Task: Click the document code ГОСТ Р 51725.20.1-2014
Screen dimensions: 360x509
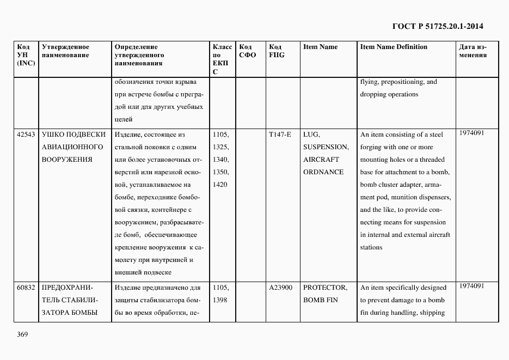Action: click(x=438, y=26)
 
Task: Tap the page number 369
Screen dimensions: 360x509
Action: click(x=22, y=334)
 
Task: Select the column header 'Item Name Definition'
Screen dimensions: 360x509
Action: click(x=394, y=47)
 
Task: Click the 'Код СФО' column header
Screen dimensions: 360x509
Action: click(x=248, y=51)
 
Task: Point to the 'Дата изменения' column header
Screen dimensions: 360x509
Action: click(x=473, y=51)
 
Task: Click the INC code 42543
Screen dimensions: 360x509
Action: click(x=26, y=135)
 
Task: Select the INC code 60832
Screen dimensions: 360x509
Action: click(x=26, y=288)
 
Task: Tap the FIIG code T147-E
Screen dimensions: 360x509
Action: click(x=280, y=135)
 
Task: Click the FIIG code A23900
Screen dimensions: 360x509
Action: click(x=280, y=288)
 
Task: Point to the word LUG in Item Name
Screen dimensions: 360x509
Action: click(x=311, y=135)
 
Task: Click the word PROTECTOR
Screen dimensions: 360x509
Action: click(x=325, y=288)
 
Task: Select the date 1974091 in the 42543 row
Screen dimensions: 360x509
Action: click(x=471, y=132)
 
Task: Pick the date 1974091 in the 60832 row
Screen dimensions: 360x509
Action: click(x=471, y=285)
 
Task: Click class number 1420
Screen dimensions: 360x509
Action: click(x=219, y=185)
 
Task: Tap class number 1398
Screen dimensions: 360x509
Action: click(x=219, y=300)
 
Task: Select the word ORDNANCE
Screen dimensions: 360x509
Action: click(x=323, y=172)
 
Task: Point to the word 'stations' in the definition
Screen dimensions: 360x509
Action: click(x=371, y=247)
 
